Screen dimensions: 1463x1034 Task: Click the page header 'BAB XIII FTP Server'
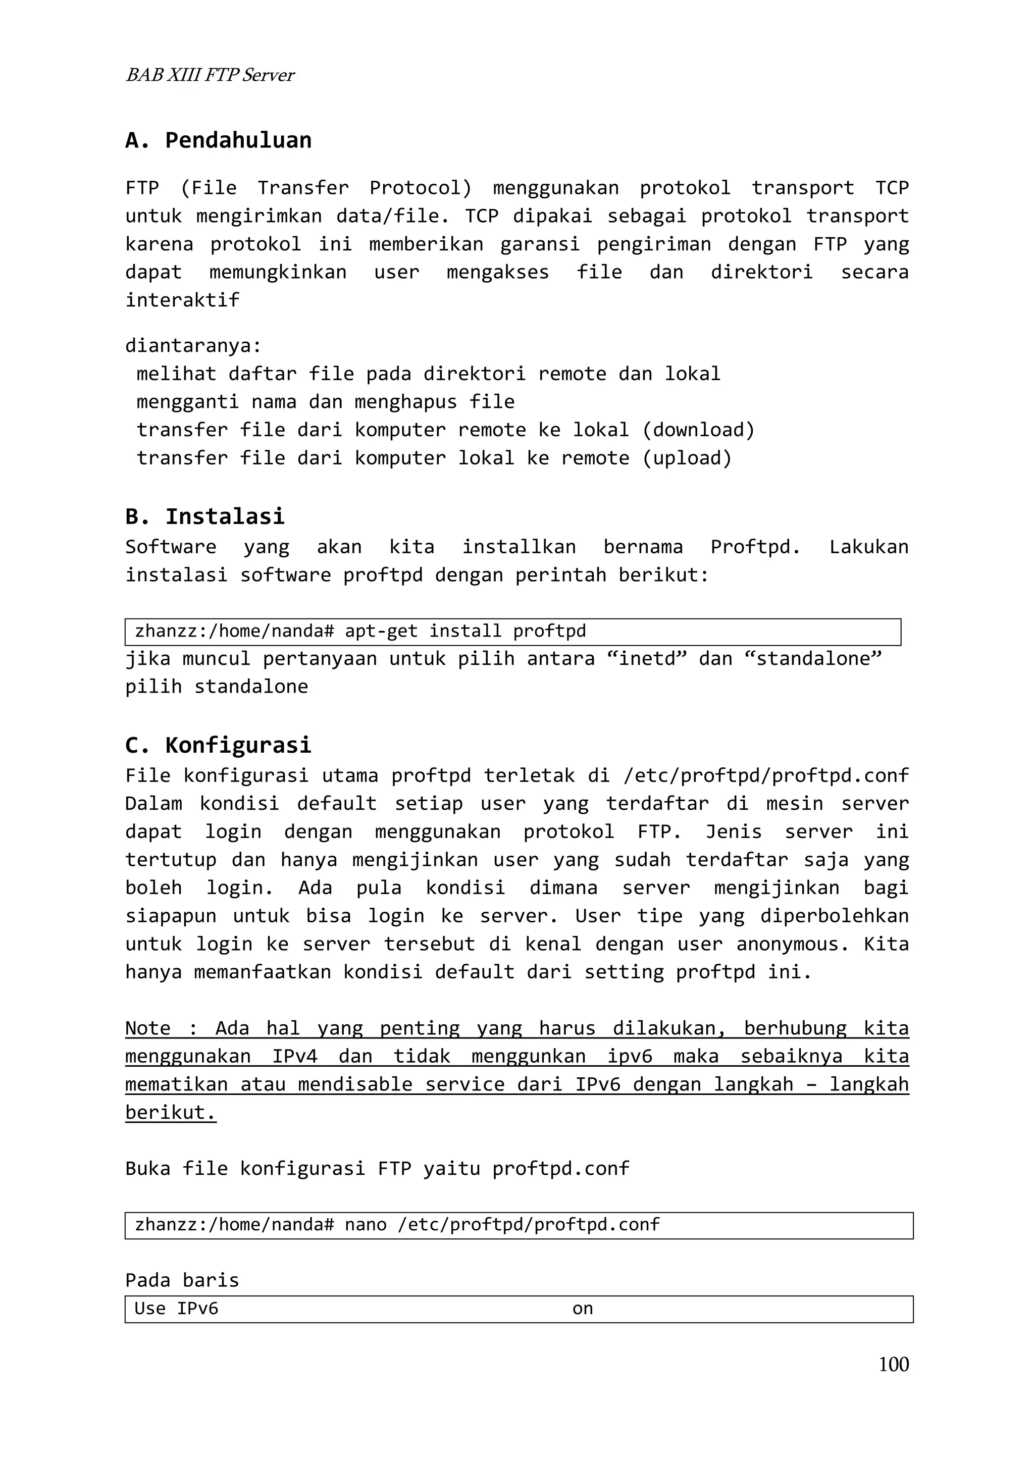(x=210, y=75)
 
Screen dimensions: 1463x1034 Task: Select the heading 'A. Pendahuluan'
(x=219, y=140)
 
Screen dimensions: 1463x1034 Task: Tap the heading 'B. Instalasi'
(x=204, y=516)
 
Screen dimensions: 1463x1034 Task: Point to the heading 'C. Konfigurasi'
(x=218, y=745)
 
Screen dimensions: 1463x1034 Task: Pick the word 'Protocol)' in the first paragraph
(x=421, y=188)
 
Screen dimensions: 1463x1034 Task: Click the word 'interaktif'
(x=182, y=300)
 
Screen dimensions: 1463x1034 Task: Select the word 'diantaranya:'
(x=193, y=346)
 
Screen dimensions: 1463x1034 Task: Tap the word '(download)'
(x=698, y=430)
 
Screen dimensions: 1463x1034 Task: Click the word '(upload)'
(x=687, y=458)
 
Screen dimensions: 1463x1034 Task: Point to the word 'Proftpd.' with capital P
(x=755, y=547)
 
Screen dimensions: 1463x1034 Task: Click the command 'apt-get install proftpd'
(x=465, y=632)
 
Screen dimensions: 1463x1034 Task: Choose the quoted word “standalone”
(x=813, y=658)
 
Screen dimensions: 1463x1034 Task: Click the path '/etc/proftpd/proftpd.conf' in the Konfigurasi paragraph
(x=766, y=775)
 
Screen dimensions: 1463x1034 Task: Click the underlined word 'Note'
(x=148, y=1028)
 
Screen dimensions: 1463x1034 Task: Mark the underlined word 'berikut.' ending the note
(x=171, y=1113)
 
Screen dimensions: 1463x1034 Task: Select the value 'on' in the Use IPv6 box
(x=582, y=1309)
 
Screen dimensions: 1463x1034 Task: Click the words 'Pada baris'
(x=182, y=1281)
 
